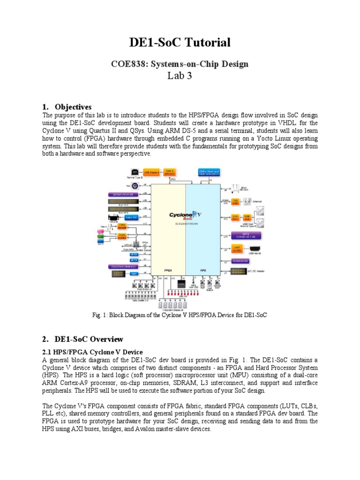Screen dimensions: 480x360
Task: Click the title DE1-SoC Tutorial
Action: [180, 43]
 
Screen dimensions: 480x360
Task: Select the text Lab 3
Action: [180, 76]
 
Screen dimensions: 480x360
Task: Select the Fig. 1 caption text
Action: [180, 315]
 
